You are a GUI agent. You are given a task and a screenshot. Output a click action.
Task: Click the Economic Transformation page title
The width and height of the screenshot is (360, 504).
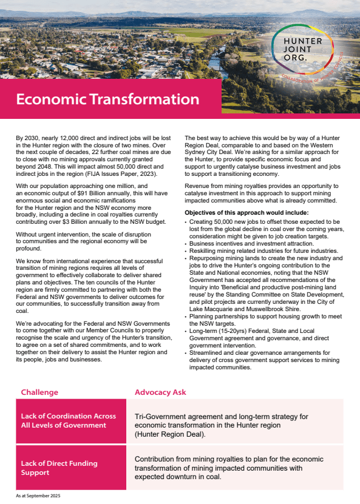click(x=107, y=99)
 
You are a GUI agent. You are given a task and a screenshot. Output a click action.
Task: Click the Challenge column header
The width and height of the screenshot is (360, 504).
click(x=39, y=392)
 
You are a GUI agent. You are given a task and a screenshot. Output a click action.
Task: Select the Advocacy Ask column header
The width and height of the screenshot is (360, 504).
click(x=160, y=392)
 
